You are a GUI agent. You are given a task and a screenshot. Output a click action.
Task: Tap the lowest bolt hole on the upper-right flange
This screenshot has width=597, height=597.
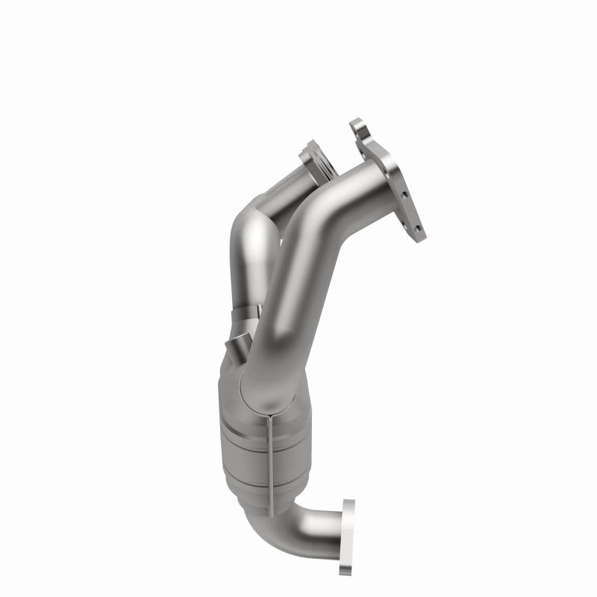[x=417, y=226]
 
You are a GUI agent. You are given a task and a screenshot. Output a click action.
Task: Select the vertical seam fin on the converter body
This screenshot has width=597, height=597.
[x=269, y=455]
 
